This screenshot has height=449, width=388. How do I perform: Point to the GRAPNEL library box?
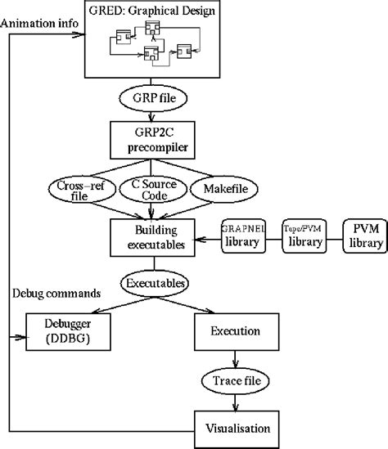click(243, 236)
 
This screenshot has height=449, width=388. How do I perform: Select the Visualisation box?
click(237, 426)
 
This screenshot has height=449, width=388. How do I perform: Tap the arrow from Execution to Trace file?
click(237, 357)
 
